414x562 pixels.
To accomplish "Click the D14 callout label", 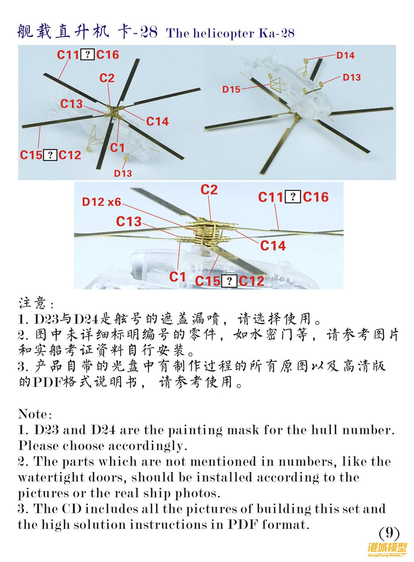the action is click(345, 55).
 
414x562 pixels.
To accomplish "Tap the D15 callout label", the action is click(231, 89).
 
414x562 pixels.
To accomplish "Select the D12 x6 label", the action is click(101, 202).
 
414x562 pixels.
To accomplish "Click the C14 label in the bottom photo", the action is click(273, 246).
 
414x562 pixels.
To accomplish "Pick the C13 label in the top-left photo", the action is click(71, 104).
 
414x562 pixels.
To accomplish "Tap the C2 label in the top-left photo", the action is click(107, 78).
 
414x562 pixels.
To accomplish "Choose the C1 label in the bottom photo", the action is click(177, 277).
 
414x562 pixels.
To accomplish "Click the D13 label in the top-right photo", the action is click(352, 77).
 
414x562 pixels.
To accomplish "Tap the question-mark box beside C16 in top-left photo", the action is click(88, 55).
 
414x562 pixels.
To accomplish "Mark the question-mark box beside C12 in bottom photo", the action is click(229, 281).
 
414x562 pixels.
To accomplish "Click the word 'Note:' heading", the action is click(35, 414).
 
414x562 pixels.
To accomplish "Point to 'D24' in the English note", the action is click(103, 430).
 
